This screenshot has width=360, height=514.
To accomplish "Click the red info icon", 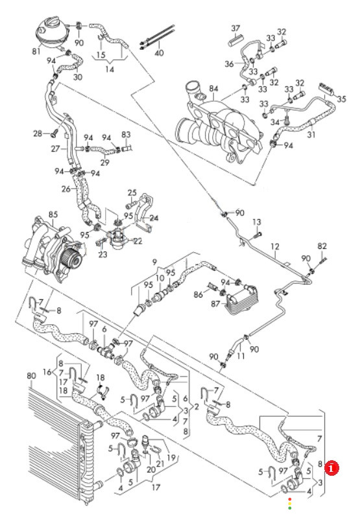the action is tap(331, 468).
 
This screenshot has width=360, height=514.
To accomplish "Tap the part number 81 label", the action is tap(36, 51).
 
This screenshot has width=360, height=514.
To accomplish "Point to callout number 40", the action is tap(159, 53).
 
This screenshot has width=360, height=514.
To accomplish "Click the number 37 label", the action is tap(235, 29).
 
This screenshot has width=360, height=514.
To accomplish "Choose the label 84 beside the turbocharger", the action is tap(213, 89).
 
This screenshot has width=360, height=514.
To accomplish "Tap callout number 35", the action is tap(341, 99).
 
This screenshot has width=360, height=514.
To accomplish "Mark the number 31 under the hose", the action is tap(311, 134).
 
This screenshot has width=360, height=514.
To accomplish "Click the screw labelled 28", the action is tap(54, 133).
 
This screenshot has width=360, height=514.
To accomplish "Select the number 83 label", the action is tap(126, 134).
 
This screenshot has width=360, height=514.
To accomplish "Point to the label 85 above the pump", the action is tap(53, 215).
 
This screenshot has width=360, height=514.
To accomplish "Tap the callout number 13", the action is tap(257, 222).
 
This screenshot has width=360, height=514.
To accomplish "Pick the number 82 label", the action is tap(322, 246).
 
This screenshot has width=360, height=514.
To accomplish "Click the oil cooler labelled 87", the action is tap(241, 301).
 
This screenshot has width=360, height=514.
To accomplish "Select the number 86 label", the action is tap(198, 294).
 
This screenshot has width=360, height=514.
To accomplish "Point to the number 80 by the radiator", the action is tap(31, 376).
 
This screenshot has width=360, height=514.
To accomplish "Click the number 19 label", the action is tap(171, 458).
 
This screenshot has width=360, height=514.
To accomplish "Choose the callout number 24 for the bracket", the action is tap(154, 218).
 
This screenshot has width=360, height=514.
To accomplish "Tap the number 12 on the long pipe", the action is tap(275, 246).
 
